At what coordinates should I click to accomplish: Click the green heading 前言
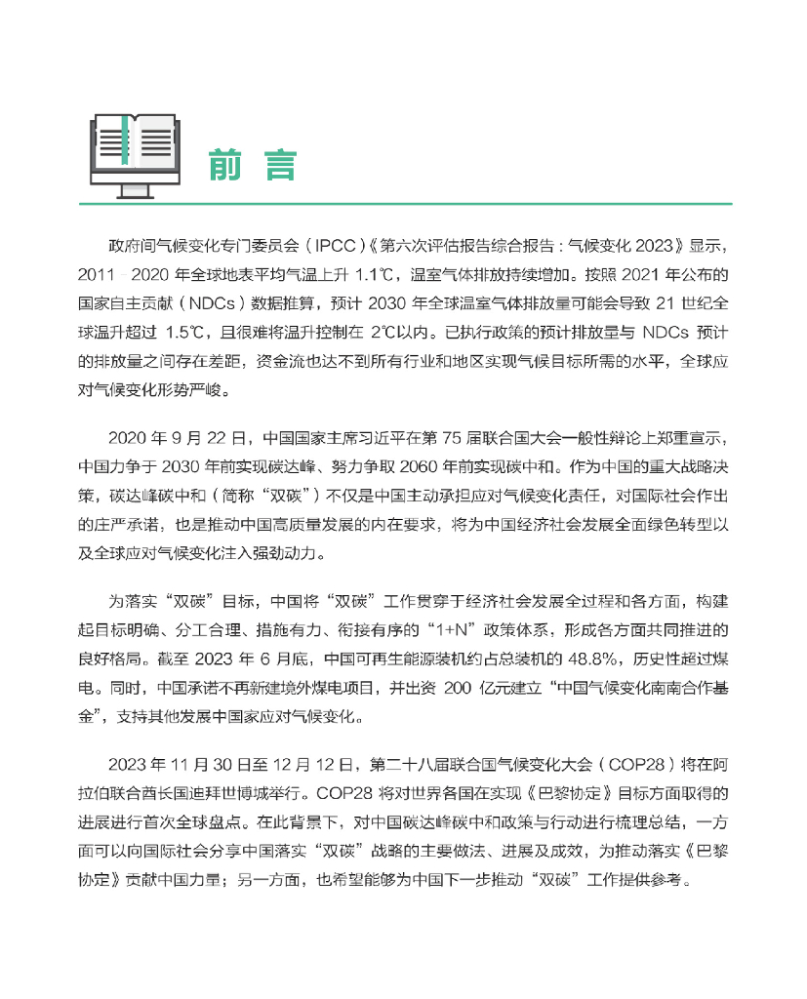pyautogui.click(x=251, y=165)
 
